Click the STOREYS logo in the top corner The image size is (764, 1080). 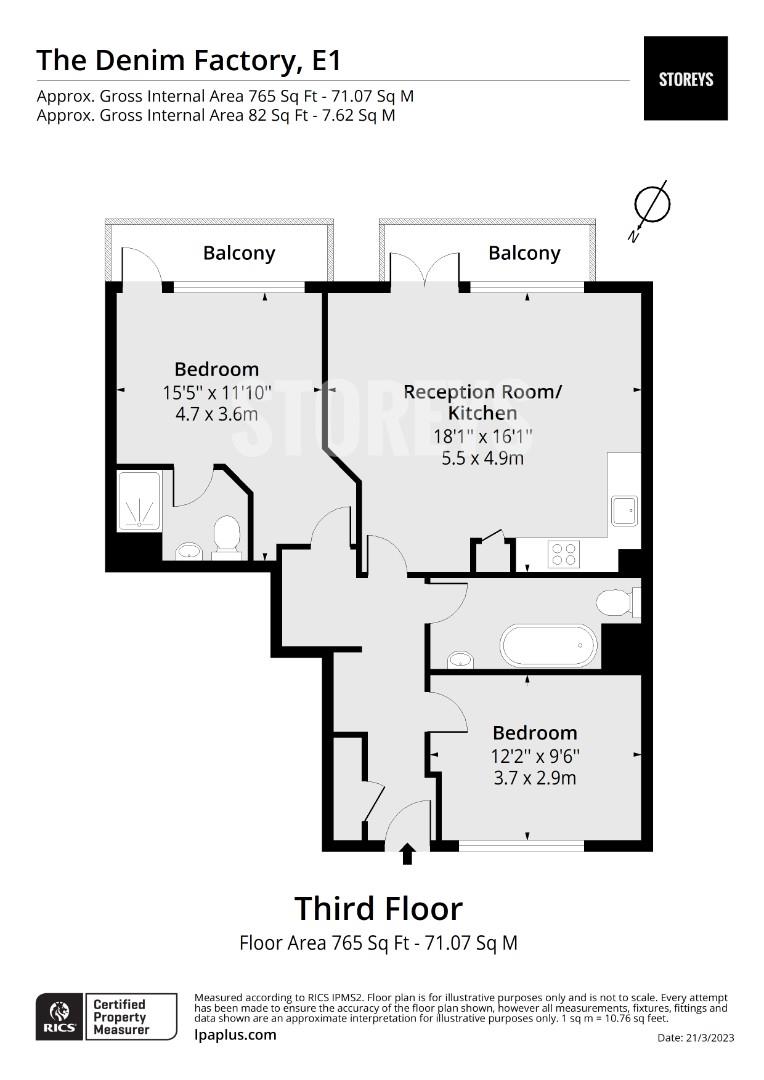(685, 79)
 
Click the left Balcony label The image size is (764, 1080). (239, 253)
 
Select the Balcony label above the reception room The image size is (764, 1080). (524, 253)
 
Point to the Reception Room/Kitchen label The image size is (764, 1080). (482, 402)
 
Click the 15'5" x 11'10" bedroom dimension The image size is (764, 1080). (217, 393)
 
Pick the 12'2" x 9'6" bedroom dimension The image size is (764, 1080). (535, 756)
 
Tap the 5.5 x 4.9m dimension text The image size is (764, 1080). (482, 458)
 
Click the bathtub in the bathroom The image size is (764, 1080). (549, 646)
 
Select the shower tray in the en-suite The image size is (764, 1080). (140, 501)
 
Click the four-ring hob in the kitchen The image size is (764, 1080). (564, 554)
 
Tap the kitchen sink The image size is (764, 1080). (624, 511)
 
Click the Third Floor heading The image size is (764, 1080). (378, 908)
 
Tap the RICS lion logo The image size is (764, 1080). (60, 1016)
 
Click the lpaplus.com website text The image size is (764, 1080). (235, 1035)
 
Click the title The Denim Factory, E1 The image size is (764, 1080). (189, 61)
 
